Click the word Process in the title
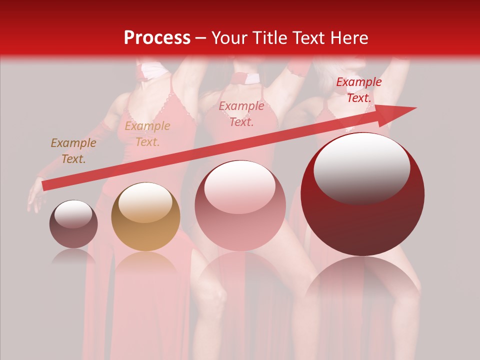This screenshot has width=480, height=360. [157, 38]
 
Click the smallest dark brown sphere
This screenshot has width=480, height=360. [73, 224]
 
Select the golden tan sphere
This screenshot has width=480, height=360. [145, 216]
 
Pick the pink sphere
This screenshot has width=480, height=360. [240, 205]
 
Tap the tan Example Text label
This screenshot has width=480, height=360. [147, 134]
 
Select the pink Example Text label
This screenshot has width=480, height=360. [241, 113]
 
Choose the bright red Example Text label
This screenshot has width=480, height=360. [358, 90]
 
